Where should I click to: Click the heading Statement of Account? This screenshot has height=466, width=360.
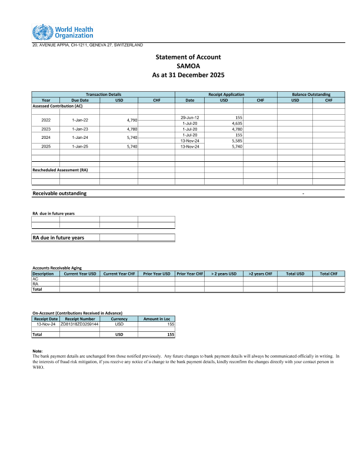(x=188, y=57)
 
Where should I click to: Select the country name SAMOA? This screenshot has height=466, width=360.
(x=188, y=66)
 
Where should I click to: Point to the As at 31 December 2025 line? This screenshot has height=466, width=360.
(x=188, y=75)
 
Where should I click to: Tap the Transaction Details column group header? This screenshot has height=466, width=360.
(x=104, y=94)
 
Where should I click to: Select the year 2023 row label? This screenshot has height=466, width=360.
(x=46, y=128)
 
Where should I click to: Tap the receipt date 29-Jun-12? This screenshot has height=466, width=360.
(x=191, y=118)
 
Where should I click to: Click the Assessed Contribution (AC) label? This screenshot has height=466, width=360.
(x=57, y=106)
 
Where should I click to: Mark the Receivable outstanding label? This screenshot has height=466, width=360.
(x=59, y=193)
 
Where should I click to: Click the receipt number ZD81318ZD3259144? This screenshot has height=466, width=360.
(x=79, y=324)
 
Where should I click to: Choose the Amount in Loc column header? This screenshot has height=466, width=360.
(x=156, y=319)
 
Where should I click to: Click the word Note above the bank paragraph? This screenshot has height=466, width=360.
(x=37, y=351)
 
